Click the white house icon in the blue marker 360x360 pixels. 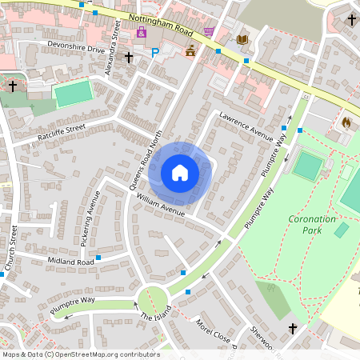[180, 173]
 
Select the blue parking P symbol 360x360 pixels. [155, 53]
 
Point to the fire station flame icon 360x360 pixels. [346, 123]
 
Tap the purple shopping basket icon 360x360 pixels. [209, 31]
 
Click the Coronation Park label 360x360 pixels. [313, 224]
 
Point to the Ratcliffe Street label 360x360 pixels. [60, 133]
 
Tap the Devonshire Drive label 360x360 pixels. [76, 49]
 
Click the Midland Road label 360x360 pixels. [71, 262]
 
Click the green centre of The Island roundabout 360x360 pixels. [153, 302]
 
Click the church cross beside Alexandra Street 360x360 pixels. [129, 58]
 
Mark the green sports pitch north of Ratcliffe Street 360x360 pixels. [73, 94]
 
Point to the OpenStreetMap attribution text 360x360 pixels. [80, 354]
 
